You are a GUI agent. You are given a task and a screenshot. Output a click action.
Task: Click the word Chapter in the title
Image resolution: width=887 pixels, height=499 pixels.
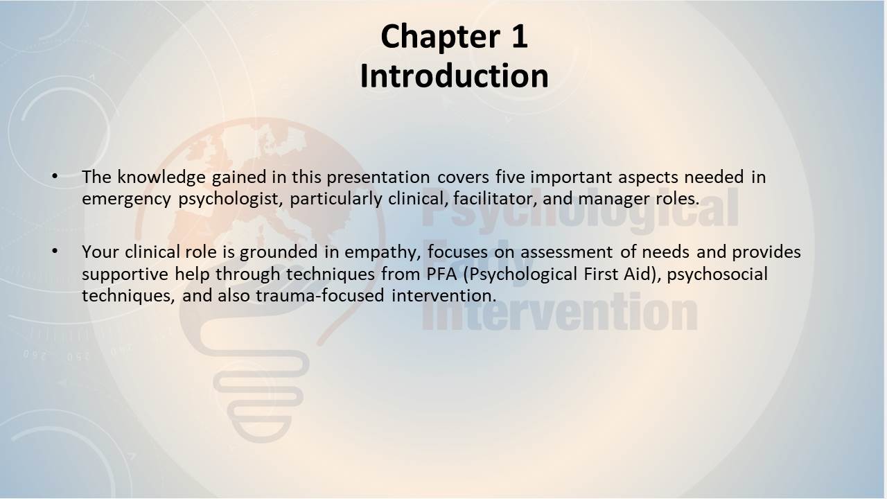click(x=440, y=37)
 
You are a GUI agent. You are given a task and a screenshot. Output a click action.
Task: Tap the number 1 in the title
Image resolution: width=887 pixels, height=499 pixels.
click(x=518, y=36)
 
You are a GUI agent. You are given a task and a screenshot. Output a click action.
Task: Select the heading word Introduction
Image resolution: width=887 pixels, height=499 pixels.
click(x=454, y=76)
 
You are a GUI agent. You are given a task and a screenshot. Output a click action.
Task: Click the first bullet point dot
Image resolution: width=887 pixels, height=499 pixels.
click(x=55, y=176)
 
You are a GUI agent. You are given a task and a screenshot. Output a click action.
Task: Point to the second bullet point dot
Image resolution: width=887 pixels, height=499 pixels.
click(x=55, y=251)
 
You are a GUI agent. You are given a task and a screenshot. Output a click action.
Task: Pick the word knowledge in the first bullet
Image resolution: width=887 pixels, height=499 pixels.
click(x=161, y=177)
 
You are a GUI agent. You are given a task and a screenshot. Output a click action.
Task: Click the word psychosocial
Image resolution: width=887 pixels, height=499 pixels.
click(x=717, y=274)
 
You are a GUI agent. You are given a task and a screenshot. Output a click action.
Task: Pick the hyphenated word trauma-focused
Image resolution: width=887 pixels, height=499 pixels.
click(x=320, y=295)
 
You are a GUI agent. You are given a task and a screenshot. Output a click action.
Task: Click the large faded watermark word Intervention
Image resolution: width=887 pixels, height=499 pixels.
click(x=559, y=312)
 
